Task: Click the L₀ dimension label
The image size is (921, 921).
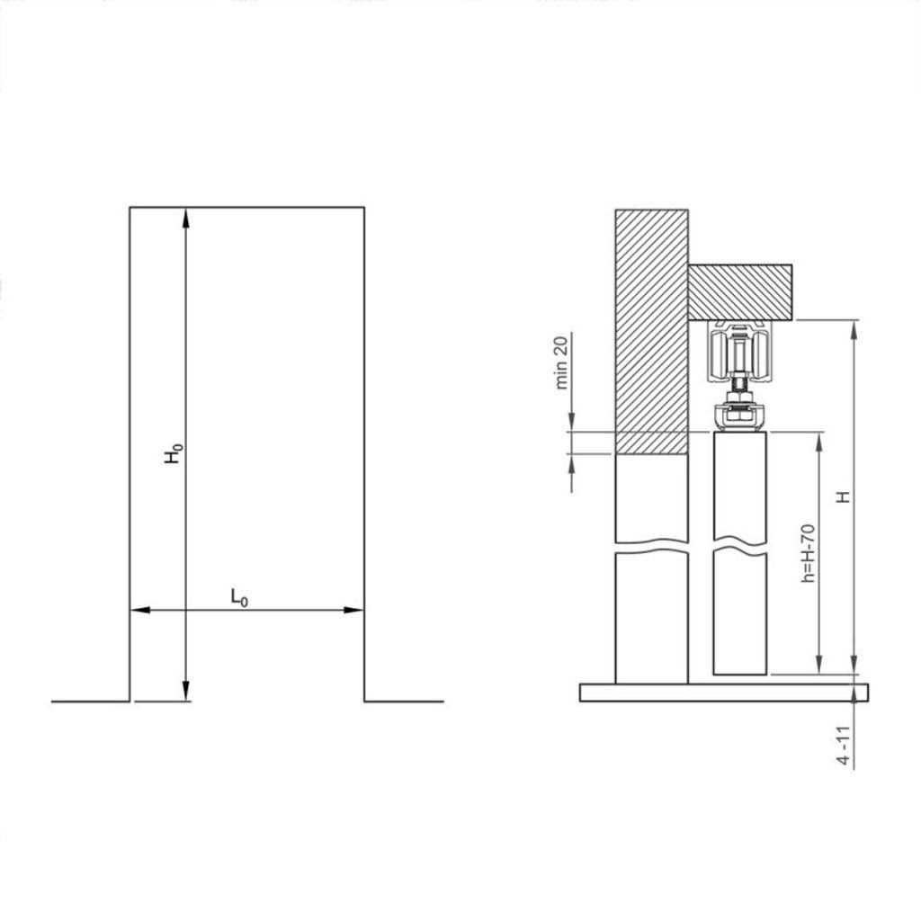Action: (x=238, y=596)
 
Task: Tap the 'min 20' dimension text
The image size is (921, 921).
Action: (x=562, y=362)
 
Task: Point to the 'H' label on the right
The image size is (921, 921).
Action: (x=843, y=497)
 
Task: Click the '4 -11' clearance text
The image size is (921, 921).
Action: (x=843, y=746)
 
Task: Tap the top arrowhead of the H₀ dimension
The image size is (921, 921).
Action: (x=186, y=216)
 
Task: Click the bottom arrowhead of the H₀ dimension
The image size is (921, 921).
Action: (x=186, y=693)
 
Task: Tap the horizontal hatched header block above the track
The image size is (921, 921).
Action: (x=740, y=291)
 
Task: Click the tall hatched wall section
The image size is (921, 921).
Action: (x=651, y=324)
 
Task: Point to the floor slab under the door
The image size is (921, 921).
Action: (x=724, y=692)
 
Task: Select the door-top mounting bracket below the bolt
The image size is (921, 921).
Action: (x=739, y=416)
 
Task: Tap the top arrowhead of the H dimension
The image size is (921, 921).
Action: (x=854, y=328)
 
